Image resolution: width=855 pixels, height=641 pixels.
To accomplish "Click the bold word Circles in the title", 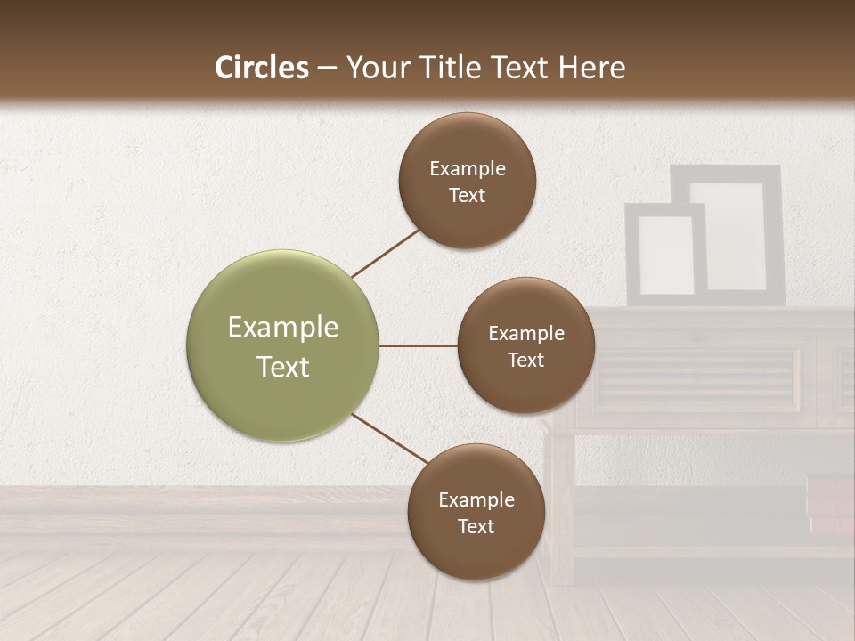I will click(261, 68).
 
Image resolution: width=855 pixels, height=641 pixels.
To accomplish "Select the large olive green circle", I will click(282, 345).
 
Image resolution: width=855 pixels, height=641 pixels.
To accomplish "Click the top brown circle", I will click(467, 181).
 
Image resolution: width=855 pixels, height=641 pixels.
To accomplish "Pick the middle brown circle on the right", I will click(525, 345).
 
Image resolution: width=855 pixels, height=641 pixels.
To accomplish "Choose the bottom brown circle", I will click(476, 512).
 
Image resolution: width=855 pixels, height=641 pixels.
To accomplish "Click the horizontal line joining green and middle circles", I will click(418, 345).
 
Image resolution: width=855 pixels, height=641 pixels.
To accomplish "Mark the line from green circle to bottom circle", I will click(390, 438).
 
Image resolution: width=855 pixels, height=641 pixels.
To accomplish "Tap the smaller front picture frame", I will click(665, 255).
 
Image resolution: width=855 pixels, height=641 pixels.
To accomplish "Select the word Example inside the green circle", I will click(282, 328).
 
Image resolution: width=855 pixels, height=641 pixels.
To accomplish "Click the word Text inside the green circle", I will click(282, 367).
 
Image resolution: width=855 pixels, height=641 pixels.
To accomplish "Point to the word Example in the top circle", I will click(467, 169).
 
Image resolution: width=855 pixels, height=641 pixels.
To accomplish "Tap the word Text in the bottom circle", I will click(476, 526).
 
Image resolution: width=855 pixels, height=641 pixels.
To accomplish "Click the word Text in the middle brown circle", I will click(525, 360).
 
